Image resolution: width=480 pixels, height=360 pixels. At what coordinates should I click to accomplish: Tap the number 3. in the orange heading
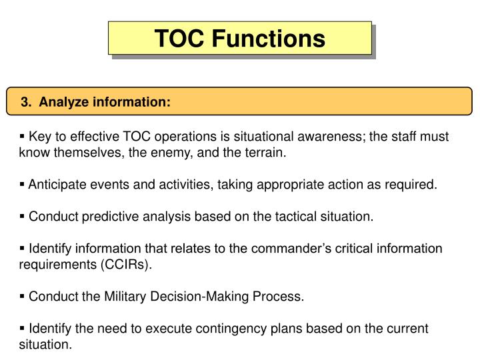[25, 102]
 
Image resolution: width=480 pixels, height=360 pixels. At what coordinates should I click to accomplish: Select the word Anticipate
[56, 185]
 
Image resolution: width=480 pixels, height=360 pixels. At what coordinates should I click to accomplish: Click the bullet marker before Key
[23, 137]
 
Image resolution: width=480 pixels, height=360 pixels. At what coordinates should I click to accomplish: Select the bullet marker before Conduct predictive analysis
[23, 217]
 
